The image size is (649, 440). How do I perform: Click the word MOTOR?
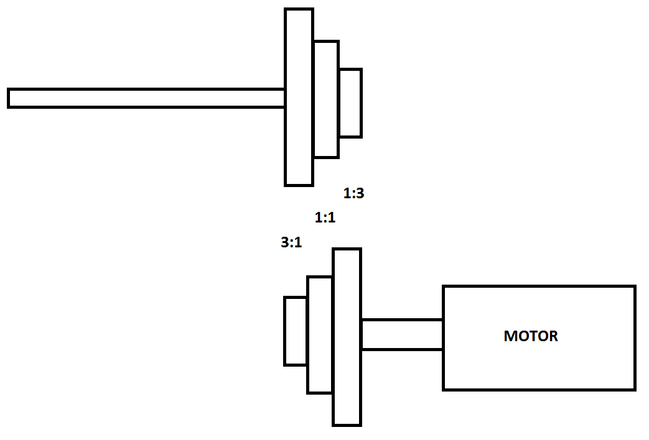531,336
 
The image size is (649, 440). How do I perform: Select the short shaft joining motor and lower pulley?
402,334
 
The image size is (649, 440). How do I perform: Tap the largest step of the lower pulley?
347,337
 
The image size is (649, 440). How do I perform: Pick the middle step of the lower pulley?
320,335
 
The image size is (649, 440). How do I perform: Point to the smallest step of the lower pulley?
296,331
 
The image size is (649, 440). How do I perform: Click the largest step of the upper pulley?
299,97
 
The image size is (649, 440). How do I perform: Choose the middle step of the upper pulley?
326,99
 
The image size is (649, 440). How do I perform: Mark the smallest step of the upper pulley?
350,103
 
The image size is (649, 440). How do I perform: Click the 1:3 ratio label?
353,193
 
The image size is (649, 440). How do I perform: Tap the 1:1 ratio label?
325,218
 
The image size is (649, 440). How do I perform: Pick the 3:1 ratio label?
291,243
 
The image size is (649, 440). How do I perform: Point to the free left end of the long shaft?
10,98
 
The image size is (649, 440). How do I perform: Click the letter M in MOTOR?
510,336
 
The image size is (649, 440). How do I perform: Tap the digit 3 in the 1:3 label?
359,193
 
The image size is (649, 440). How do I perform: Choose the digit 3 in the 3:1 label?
285,243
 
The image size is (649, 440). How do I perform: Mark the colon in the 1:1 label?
325,219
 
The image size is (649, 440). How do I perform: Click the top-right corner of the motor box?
634,287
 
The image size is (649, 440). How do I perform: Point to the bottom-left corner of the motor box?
444,389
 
